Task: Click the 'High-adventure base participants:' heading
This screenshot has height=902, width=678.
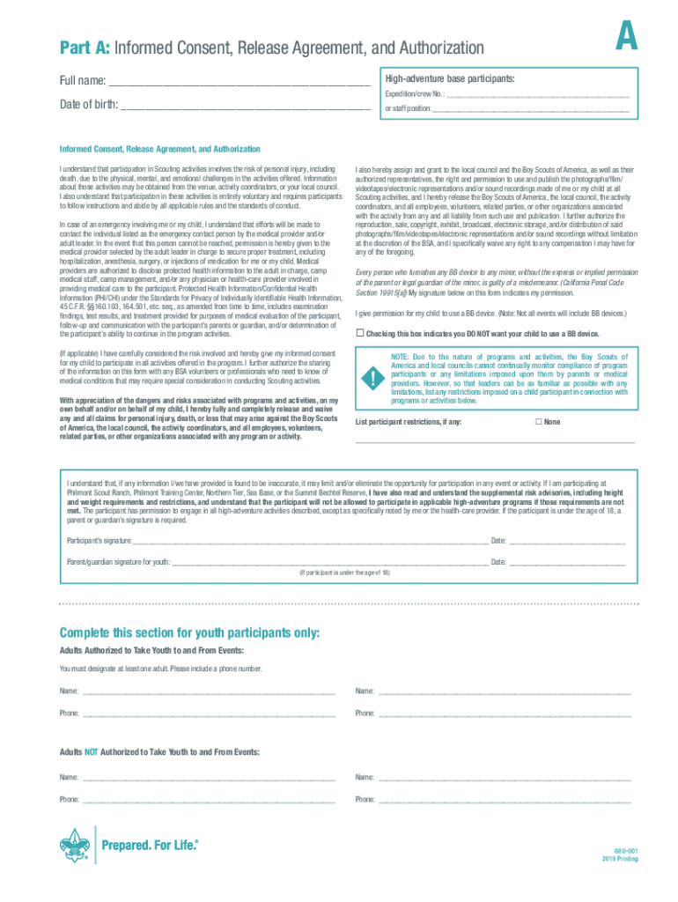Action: (449, 79)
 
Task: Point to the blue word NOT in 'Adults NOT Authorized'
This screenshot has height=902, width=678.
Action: (91, 752)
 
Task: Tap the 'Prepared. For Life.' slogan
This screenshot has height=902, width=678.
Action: (151, 847)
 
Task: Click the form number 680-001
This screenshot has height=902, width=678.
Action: (626, 850)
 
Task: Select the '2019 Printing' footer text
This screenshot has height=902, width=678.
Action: (620, 859)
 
